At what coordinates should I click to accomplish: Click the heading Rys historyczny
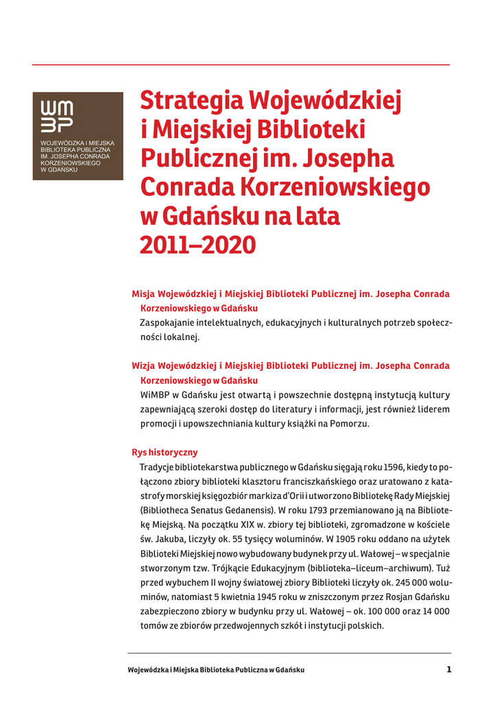coord(164,452)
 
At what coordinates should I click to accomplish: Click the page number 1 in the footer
coord(449,669)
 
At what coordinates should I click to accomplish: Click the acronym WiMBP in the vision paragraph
coord(156,395)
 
